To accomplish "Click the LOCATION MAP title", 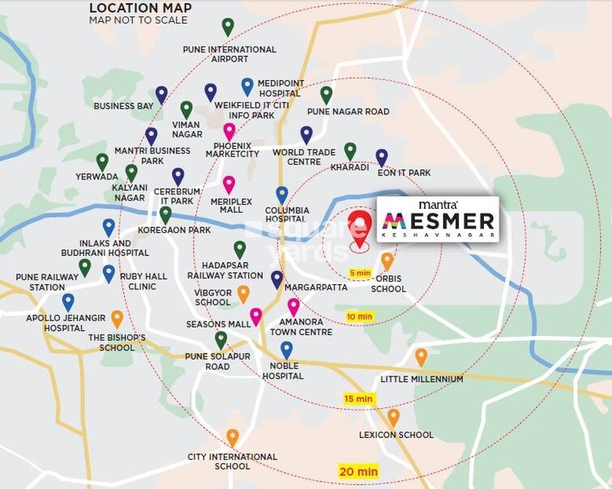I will tap(140, 9).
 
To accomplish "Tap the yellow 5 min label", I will tap(359, 273).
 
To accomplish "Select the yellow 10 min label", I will tap(359, 316).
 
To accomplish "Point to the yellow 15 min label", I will tap(357, 398).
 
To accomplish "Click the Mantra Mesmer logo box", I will tap(438, 219).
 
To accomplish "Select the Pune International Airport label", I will tap(229, 54).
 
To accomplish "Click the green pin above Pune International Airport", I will tap(228, 26).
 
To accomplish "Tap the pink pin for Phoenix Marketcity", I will tap(229, 130).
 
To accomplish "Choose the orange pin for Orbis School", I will tap(387, 261).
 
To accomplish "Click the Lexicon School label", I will tap(396, 435).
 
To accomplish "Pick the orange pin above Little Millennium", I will tap(421, 356).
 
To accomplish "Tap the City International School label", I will tap(232, 461).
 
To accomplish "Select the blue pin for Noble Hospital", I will tap(286, 350).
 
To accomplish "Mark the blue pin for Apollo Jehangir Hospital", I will tap(68, 302).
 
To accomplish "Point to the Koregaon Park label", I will tap(173, 231).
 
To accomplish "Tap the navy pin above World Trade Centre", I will tap(306, 134).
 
